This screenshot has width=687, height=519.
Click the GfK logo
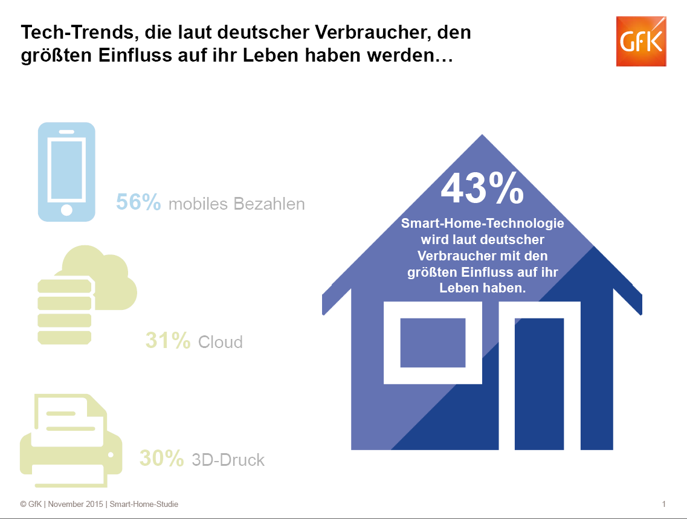point(640,41)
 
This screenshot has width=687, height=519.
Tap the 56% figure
point(138,202)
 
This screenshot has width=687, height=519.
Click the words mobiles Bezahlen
point(236,204)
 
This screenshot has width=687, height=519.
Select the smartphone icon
point(66,172)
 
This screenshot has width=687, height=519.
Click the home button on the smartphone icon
point(66,210)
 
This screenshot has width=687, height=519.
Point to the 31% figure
point(167,341)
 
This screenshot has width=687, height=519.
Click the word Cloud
point(221,342)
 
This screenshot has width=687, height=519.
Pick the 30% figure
point(161,459)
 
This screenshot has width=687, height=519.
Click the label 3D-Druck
point(228,460)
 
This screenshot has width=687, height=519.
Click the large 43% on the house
point(482,189)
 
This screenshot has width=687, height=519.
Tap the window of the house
point(433,343)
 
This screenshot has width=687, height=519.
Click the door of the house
point(539,382)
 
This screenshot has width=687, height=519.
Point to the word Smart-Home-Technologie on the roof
point(483,224)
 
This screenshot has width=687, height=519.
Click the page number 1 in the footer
point(663,504)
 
